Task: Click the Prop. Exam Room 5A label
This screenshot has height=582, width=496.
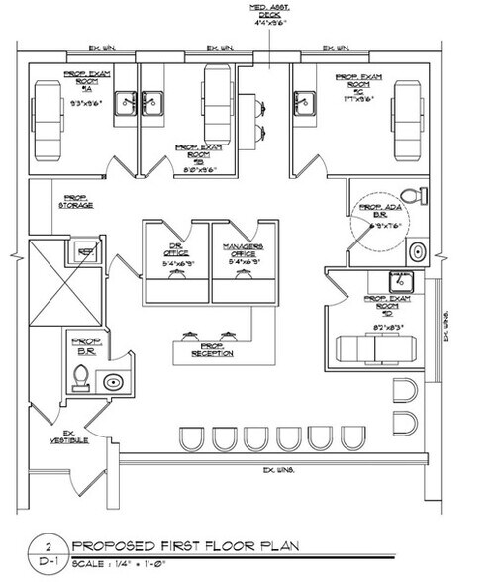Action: coord(91,81)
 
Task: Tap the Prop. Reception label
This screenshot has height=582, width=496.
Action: coord(213,349)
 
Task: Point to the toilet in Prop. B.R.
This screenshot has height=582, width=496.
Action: coord(83,377)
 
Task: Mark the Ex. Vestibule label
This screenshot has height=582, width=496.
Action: coord(68,437)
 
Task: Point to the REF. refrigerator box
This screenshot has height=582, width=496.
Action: coord(85,252)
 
